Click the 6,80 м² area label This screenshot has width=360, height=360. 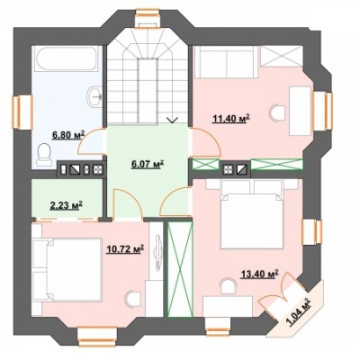(x=68, y=135)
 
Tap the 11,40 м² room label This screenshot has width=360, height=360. (x=231, y=119)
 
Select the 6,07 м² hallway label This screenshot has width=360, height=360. (x=148, y=165)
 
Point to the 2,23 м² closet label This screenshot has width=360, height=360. (x=66, y=205)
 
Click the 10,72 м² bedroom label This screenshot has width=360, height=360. (x=125, y=249)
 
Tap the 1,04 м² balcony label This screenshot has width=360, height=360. (x=299, y=311)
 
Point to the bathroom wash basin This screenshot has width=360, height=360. (x=95, y=96)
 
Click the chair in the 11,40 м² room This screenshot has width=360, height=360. (x=278, y=112)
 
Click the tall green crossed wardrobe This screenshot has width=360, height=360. (x=179, y=269)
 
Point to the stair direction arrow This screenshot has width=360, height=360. (x=172, y=120)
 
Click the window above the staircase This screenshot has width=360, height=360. (x=148, y=17)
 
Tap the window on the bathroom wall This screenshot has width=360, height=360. (x=22, y=112)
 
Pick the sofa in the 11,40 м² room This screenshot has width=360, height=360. (x=226, y=62)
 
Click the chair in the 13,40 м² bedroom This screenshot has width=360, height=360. (x=227, y=286)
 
